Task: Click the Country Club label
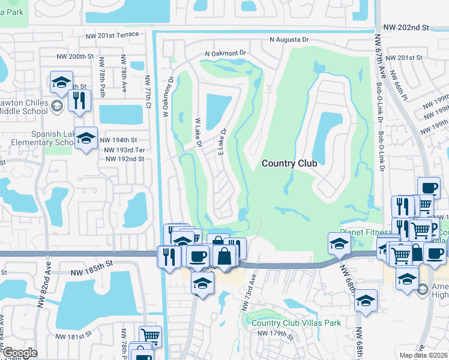[x=289, y=163]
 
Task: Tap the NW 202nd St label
[x=407, y=28]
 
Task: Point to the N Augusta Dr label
[x=289, y=40]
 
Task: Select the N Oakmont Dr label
[x=226, y=53]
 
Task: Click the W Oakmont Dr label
[x=167, y=96]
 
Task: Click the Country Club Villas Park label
[x=296, y=323]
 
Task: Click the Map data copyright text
[x=424, y=355]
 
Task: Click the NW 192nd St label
[x=124, y=159]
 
